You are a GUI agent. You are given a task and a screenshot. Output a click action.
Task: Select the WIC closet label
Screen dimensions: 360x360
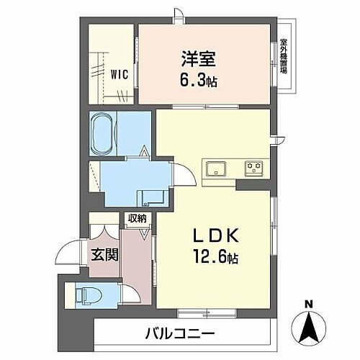point(120,72)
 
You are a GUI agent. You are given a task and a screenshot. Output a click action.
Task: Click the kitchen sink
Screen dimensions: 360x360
point(215,169)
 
